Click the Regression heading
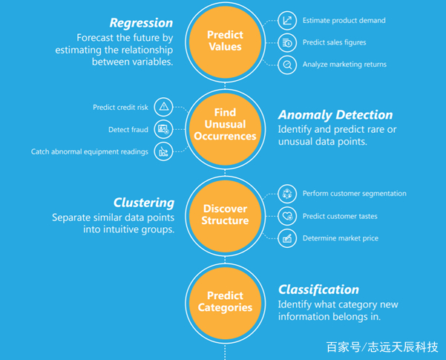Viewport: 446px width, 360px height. [141, 23]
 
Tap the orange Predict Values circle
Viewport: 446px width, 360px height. [226, 42]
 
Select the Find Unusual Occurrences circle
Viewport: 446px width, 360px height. [226, 129]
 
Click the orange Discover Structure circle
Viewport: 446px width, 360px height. [226, 216]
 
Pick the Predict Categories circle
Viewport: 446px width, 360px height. [226, 304]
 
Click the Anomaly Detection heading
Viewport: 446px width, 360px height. [335, 115]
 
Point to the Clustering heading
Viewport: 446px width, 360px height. [144, 203]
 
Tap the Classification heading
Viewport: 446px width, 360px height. [318, 289]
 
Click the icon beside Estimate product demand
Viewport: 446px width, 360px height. [287, 21]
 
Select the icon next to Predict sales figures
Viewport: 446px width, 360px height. [287, 43]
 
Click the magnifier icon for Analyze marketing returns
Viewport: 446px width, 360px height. [287, 65]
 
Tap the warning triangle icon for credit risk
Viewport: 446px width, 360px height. [163, 107]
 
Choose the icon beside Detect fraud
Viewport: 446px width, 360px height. [163, 129]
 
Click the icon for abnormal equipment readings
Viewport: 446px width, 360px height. [163, 151]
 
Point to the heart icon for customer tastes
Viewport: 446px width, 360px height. [287, 216]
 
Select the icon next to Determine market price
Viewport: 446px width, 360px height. [287, 238]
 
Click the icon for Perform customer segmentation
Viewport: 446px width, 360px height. [287, 194]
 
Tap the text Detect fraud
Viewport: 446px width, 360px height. [128, 130]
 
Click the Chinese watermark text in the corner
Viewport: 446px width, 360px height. [382, 347]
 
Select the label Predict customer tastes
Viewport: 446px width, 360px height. [340, 216]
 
